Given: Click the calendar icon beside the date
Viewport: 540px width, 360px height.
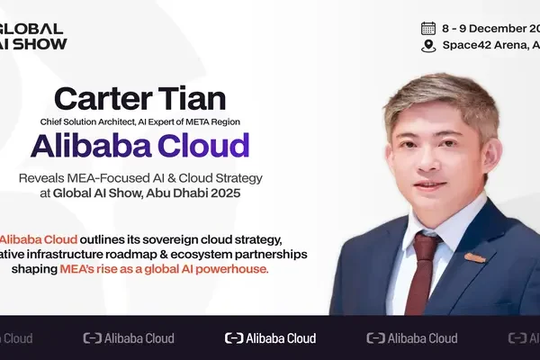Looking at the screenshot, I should coord(428,27).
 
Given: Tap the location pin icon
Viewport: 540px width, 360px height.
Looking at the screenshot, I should coord(428,45).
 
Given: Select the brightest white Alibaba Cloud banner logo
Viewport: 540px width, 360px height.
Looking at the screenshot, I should coord(270,338).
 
